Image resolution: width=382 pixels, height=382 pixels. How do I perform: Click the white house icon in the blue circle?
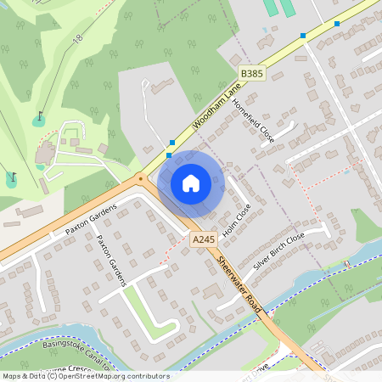tap(191, 183)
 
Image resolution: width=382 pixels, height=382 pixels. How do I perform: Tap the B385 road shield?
tap(252, 75)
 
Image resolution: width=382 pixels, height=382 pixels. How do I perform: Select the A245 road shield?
tap(203, 240)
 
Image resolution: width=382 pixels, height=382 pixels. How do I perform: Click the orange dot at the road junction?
tap(140, 178)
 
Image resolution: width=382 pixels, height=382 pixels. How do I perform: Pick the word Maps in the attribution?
tap(12, 376)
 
